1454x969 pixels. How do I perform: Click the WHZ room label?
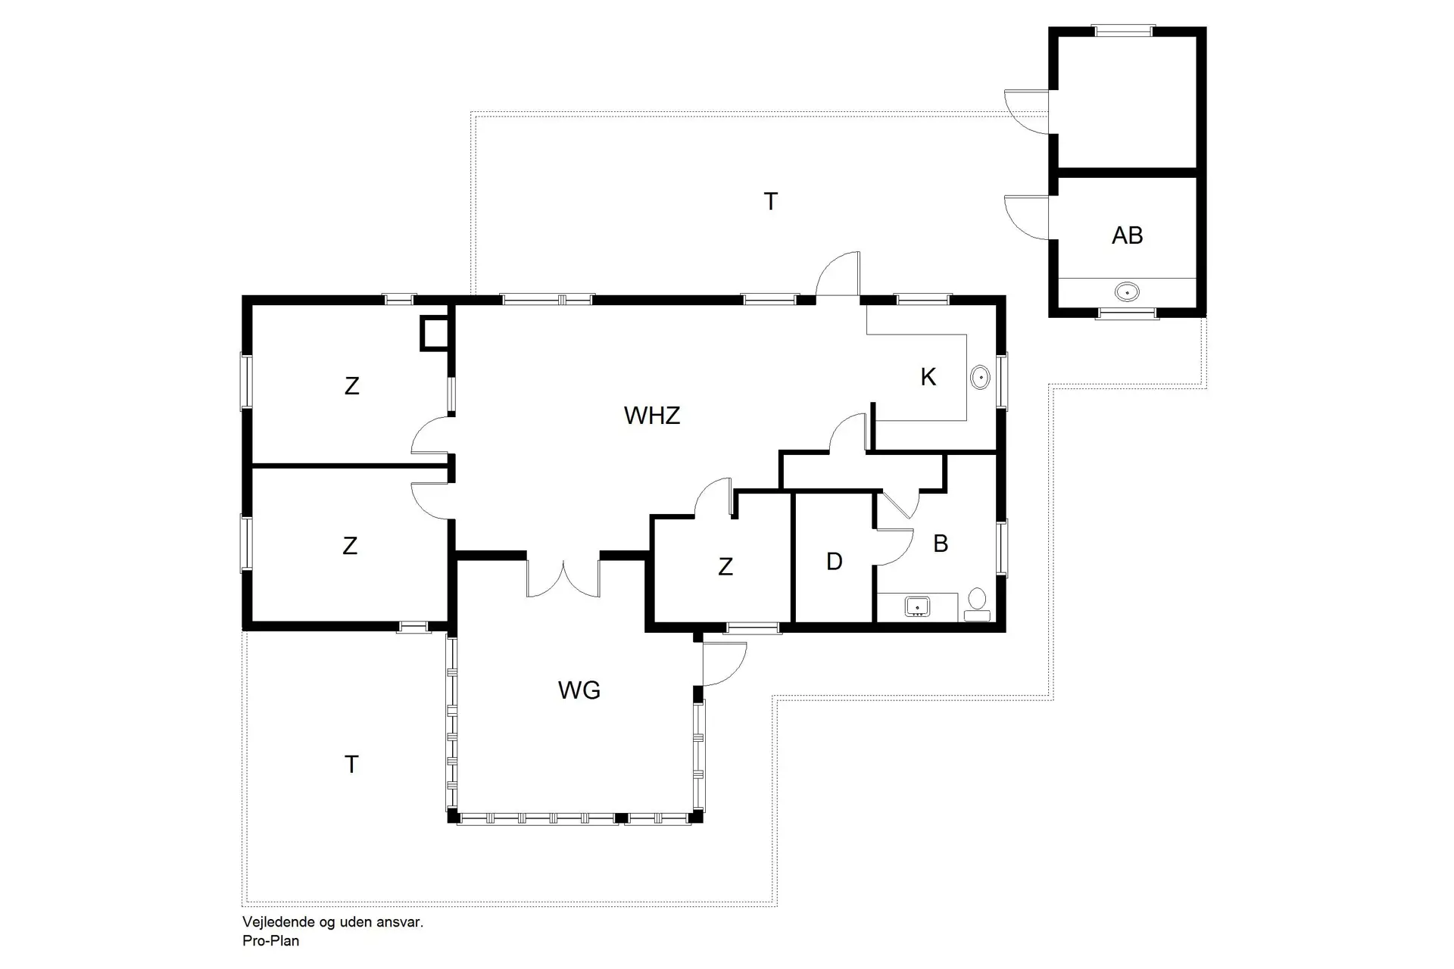[x=652, y=416]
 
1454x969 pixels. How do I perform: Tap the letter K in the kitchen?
[x=928, y=377]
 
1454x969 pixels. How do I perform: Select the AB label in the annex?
[x=1127, y=235]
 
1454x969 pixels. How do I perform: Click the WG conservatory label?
[x=579, y=690]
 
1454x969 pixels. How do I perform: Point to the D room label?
[x=834, y=562]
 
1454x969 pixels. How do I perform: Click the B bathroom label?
[x=941, y=544]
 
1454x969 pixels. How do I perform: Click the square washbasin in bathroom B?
[x=918, y=606]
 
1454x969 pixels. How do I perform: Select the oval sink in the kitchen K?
[x=980, y=377]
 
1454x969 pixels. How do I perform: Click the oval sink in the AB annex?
[x=1127, y=291]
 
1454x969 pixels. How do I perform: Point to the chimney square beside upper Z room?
[x=435, y=334]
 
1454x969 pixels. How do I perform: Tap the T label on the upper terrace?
[x=770, y=202]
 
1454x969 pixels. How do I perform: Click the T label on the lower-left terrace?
[x=351, y=765]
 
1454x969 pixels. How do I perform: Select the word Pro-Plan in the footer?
[x=270, y=941]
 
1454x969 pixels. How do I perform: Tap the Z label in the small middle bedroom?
[x=725, y=566]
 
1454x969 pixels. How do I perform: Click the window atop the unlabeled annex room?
[x=1124, y=31]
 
